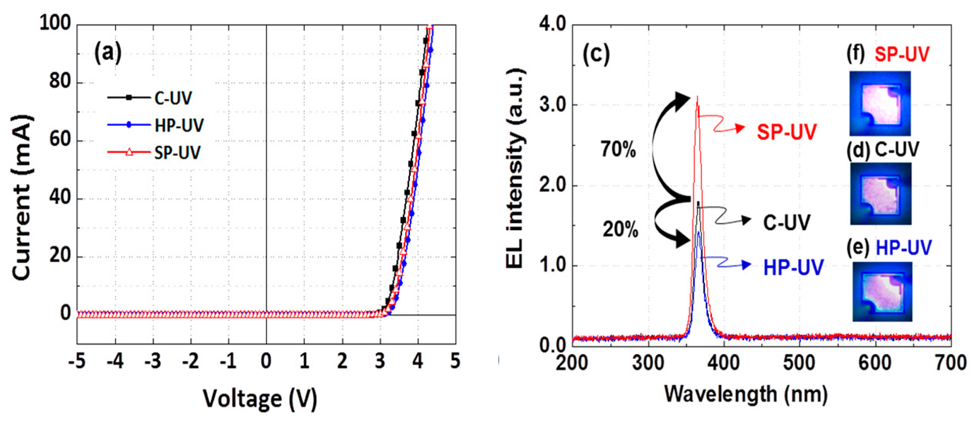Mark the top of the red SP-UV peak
698,97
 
